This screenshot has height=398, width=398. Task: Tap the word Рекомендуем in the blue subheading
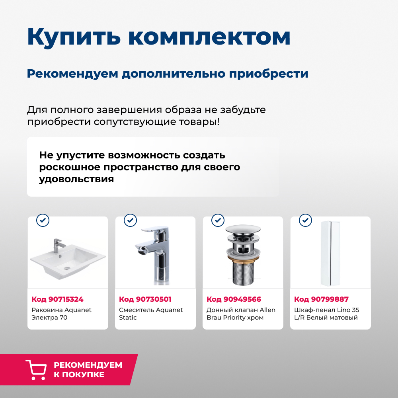(x=72, y=74)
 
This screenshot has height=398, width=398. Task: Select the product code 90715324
(x=57, y=299)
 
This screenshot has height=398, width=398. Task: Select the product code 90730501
(x=145, y=299)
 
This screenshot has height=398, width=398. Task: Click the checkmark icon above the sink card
(x=43, y=220)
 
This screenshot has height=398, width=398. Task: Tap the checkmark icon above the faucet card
(x=130, y=220)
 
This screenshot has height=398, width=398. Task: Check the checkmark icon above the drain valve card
(x=218, y=220)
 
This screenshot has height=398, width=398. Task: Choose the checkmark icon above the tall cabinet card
(x=305, y=220)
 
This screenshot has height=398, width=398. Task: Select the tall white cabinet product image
(x=330, y=253)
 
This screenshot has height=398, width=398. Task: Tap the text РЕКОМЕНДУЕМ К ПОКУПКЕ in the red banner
(x=88, y=370)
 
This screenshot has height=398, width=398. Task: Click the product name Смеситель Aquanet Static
(x=151, y=314)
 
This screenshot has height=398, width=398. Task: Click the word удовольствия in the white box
(x=76, y=179)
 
